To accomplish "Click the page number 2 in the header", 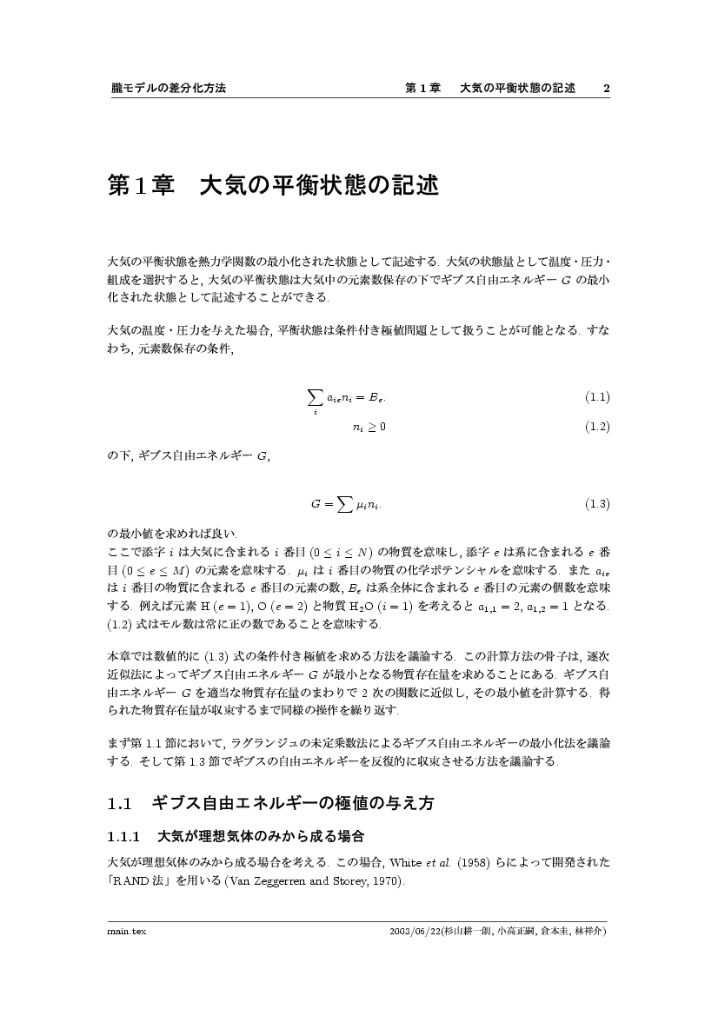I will pos(606,89).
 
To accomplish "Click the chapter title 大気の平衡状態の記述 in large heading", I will pos(319,186).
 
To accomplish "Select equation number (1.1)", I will pos(596,398).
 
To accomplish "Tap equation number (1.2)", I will pos(596,427).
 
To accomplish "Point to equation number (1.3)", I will pos(596,504).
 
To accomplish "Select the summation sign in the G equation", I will pos(345,504).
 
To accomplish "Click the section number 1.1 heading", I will pos(119,804).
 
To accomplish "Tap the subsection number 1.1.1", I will pos(123,838).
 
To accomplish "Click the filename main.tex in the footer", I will pos(127,931).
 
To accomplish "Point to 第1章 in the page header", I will pos(423,89).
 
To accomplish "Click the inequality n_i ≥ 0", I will pos(369,427).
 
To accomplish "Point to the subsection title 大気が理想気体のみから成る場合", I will pos(260,838).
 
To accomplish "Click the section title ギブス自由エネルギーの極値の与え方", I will pos(292,804).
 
